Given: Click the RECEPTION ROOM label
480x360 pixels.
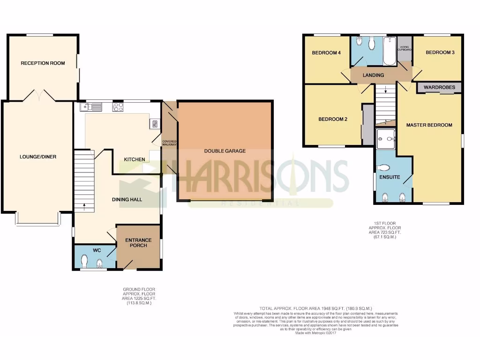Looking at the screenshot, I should point(43,63).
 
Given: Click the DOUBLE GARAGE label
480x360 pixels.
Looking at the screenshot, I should point(225,151).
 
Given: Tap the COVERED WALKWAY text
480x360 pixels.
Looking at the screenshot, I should point(169,143).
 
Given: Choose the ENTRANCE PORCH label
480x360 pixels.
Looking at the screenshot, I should point(138,243).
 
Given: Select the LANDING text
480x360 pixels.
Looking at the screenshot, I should point(374,75).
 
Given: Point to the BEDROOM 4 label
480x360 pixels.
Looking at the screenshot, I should point(326,53).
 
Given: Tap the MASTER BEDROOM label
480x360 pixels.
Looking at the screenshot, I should point(429,125).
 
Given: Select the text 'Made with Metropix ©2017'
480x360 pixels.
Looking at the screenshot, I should point(316,333).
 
